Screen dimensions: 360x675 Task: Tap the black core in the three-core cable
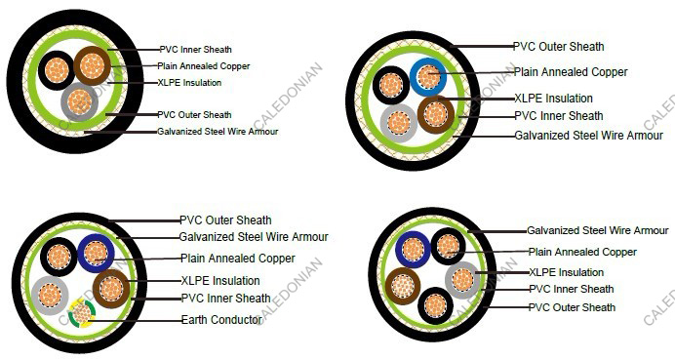tap(57, 69)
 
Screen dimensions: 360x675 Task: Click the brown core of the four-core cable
tap(436, 115)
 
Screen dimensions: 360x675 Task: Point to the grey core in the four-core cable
tap(398, 122)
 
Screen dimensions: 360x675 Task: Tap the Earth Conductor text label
tap(221, 320)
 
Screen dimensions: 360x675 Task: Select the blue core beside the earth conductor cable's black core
tap(96, 254)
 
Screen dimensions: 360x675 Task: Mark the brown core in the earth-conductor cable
tap(111, 289)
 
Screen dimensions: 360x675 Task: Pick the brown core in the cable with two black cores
tap(402, 286)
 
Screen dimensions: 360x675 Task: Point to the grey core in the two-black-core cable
tap(462, 281)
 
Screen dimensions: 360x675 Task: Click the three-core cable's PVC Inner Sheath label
tap(196, 49)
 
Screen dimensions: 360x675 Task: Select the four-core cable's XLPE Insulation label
tap(553, 99)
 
